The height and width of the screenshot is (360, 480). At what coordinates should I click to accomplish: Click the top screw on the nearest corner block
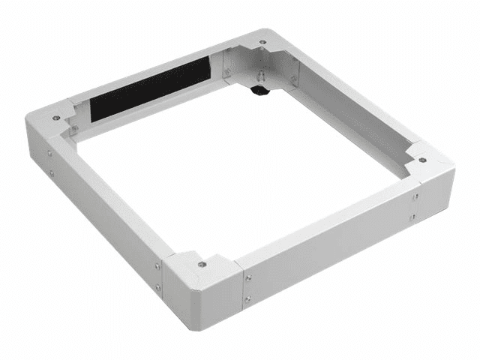[202, 264]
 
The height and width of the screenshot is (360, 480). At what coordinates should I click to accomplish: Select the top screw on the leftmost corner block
[56, 117]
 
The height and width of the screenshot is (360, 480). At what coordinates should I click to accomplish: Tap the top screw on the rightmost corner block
[423, 160]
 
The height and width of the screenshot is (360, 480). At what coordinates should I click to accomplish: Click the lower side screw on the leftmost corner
[51, 173]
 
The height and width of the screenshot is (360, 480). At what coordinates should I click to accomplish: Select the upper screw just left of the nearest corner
[157, 265]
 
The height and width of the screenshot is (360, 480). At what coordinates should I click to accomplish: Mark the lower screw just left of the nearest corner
[158, 286]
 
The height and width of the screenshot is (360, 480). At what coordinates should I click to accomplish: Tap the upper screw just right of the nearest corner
[247, 278]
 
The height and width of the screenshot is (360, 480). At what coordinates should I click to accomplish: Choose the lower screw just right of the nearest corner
[247, 299]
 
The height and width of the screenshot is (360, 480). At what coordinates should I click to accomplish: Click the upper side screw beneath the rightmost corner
[414, 197]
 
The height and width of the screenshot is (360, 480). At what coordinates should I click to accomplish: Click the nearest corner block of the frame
[201, 285]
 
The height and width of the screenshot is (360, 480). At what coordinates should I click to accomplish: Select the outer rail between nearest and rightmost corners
[330, 240]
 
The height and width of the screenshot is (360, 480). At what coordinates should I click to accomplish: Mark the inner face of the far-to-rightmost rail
[352, 120]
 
